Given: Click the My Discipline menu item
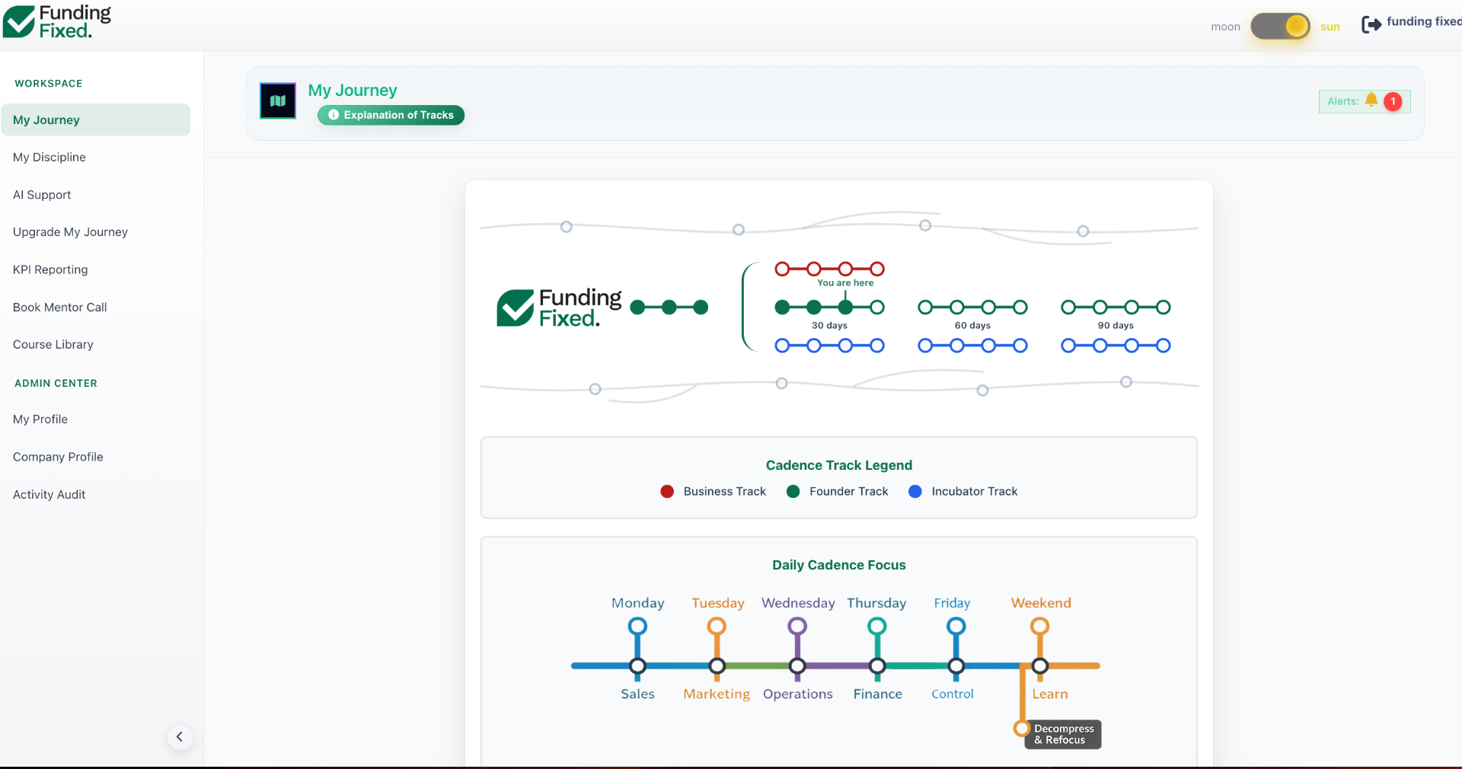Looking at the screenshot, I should click(x=49, y=158).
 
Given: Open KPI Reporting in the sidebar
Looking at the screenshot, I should click(x=50, y=270).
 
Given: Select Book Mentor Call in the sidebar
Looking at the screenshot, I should click(x=60, y=308).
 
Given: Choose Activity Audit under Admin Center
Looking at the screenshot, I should click(x=49, y=495).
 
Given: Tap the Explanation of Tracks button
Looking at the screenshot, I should click(x=391, y=115).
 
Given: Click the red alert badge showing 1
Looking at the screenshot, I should click(x=1393, y=101).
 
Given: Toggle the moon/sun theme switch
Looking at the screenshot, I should click(x=1280, y=27).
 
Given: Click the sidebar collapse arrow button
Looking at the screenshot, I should click(x=180, y=736).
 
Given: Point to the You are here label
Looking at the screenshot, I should click(x=845, y=283).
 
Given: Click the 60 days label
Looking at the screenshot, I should click(x=972, y=326).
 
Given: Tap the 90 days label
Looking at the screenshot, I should click(x=1116, y=326).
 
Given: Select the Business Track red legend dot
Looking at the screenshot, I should click(x=667, y=492).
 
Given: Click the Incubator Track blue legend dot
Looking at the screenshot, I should click(x=915, y=492).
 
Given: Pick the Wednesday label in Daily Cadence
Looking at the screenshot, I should click(x=798, y=603).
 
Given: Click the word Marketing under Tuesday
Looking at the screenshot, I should click(x=717, y=694).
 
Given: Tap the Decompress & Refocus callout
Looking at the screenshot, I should click(x=1064, y=735).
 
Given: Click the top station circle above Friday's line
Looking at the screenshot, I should click(x=956, y=627).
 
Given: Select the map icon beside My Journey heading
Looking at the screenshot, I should click(x=278, y=101).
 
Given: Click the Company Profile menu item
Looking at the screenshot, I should click(x=58, y=457).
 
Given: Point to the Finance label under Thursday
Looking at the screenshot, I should click(x=878, y=694).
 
